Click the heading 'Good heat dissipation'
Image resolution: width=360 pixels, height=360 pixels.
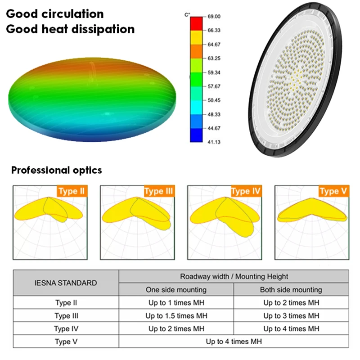click(70, 29)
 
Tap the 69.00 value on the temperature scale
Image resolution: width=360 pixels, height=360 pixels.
click(214, 17)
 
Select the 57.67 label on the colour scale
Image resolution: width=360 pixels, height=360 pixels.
click(214, 86)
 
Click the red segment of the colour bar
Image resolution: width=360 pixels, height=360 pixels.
click(196, 23)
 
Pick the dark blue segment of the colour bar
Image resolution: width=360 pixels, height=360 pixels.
click(196, 135)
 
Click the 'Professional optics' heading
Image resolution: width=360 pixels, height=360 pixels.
click(57, 171)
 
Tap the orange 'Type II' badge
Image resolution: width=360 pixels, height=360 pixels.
click(72, 191)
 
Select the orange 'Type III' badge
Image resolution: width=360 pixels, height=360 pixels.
click(159, 191)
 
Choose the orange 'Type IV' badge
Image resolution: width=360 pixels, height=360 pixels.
click(246, 191)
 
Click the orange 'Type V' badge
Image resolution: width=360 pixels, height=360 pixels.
click(333, 191)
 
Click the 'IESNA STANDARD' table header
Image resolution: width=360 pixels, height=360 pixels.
click(66, 283)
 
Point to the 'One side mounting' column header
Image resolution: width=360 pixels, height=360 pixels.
click(176, 290)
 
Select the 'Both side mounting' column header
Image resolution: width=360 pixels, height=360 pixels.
click(291, 290)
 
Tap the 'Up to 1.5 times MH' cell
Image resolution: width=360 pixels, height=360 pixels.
click(176, 316)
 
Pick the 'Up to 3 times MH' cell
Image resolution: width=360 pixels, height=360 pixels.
click(291, 316)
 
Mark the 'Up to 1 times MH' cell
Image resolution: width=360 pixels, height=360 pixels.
click(176, 303)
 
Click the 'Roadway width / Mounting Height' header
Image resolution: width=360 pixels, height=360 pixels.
click(234, 276)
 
